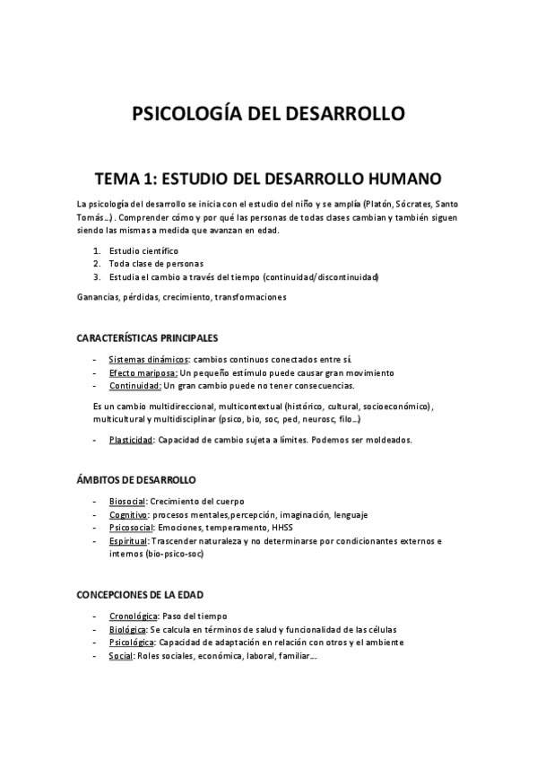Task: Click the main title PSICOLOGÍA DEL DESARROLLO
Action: pos(268,114)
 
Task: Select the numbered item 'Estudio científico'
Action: pos(143,250)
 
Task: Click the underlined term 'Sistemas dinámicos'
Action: pos(143,359)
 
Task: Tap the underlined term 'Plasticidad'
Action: pos(131,440)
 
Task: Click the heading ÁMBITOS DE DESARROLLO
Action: pos(136,480)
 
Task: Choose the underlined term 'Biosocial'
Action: pos(127,501)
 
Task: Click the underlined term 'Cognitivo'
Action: pos(128,514)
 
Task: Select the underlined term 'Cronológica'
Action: pos(134,617)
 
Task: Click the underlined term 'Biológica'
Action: pos(129,630)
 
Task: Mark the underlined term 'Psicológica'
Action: pos(132,643)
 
